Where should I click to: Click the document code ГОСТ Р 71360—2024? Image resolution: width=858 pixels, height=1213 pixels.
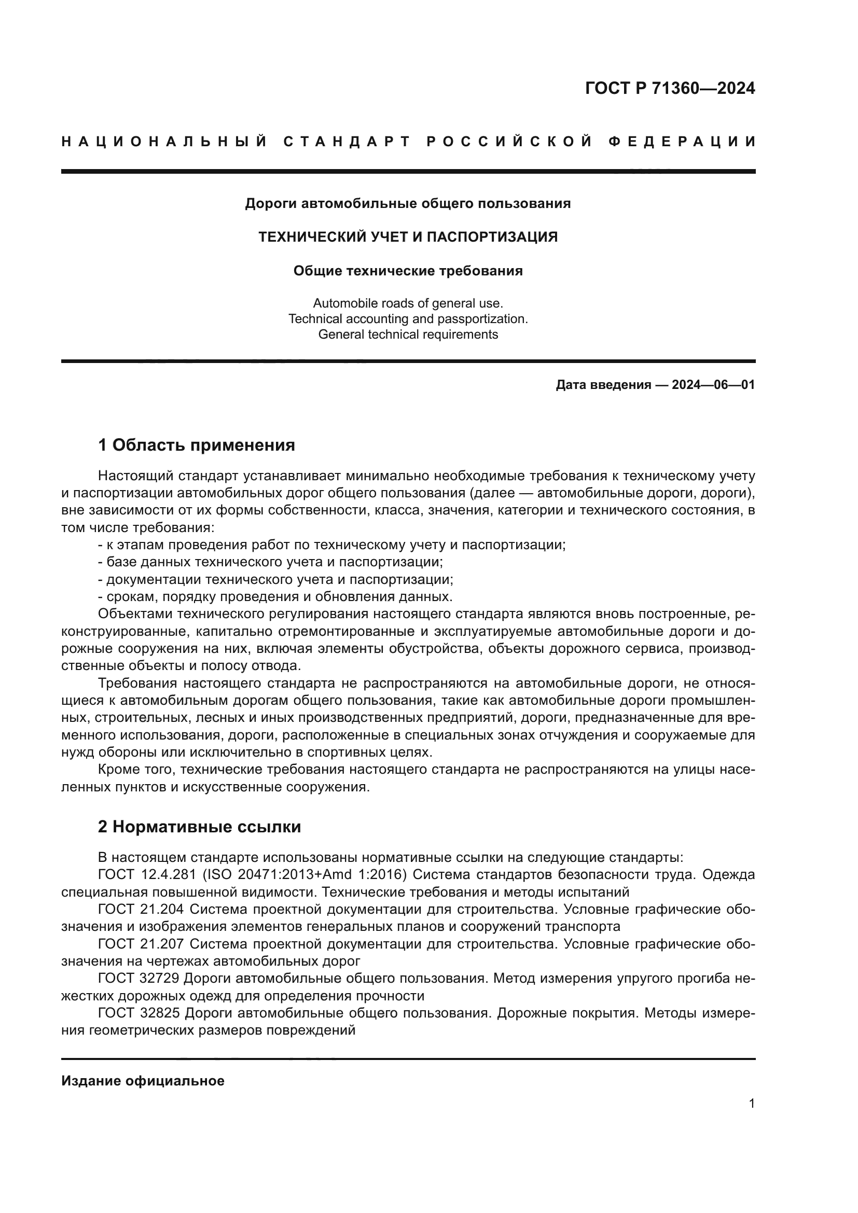coord(670,88)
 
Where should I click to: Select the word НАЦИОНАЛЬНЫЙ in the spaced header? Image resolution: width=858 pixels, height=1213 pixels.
coord(164,142)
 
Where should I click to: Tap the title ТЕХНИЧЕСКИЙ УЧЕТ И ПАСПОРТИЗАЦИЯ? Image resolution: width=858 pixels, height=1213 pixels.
coord(408,237)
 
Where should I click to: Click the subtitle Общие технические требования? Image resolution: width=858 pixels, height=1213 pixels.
coord(408,271)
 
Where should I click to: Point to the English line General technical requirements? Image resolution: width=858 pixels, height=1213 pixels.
coord(408,334)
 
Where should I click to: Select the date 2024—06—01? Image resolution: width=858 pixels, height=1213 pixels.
coord(713,385)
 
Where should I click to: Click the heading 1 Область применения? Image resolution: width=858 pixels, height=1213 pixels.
coord(197,445)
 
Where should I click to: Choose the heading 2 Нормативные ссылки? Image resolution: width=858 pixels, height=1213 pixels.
coord(199,827)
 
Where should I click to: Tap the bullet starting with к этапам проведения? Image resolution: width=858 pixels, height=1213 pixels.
coord(332,545)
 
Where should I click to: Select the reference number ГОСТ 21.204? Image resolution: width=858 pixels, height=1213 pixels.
coord(141,909)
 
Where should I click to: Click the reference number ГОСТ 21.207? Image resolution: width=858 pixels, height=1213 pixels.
coord(141,944)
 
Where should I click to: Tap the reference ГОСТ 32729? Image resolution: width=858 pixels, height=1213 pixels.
coord(139,979)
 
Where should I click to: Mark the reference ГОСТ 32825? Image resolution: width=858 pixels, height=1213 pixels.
coord(139,1013)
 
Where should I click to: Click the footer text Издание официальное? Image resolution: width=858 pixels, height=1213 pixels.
coord(143,1081)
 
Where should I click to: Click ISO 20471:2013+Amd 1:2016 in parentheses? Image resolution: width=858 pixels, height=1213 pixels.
coord(305,874)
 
